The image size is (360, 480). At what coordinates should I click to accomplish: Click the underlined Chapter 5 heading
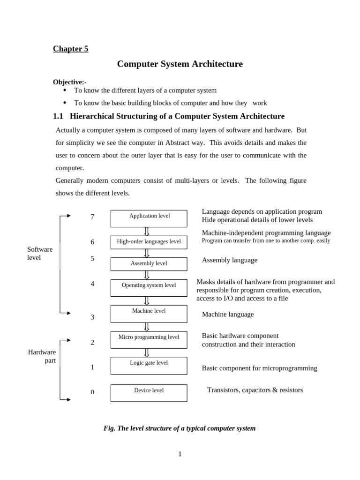point(70,49)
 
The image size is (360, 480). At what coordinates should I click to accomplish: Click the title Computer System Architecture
point(180,64)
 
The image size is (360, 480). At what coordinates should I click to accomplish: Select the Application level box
point(149,218)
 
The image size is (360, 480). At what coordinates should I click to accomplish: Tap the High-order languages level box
point(149,242)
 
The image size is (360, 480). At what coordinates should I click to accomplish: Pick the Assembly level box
point(149,264)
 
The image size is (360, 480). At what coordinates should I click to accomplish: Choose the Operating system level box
point(149,287)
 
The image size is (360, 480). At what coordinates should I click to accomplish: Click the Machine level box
point(149,314)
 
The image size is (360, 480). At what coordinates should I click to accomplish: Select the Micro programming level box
point(149,340)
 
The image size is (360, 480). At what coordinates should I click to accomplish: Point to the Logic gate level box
point(149,366)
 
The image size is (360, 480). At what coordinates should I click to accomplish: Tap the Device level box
point(149,393)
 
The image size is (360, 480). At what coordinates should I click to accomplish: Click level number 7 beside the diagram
point(92,217)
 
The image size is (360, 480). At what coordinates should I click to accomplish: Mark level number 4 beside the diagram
point(92,284)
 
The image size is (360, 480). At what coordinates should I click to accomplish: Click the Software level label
point(40,254)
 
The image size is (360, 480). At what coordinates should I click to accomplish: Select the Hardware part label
point(42,356)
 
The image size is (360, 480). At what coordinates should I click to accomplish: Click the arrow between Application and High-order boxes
point(147,232)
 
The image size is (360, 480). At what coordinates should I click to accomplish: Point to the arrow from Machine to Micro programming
point(147,327)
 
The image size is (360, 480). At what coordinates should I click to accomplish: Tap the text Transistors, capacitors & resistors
point(255,390)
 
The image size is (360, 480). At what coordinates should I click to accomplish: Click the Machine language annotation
point(227,315)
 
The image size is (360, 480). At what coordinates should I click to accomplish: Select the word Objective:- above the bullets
point(69,82)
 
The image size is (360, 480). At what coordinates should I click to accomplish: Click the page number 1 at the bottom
point(180,454)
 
